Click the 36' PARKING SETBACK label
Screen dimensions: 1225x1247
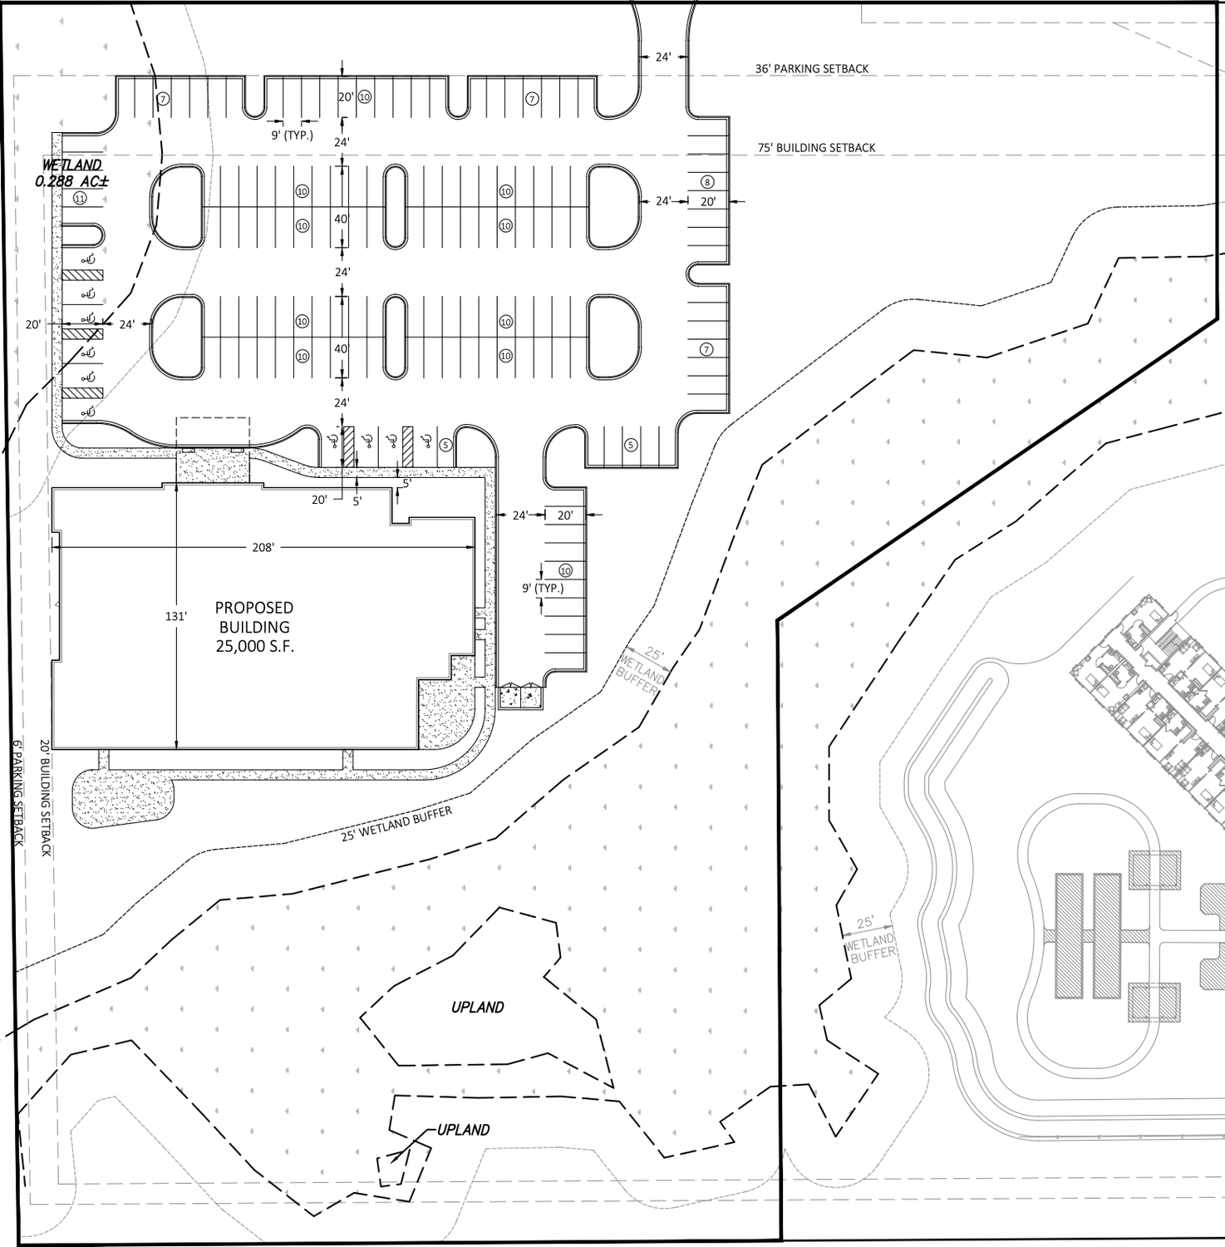coord(812,69)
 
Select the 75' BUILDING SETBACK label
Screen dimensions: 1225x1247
coord(816,148)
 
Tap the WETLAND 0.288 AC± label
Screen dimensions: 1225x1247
coord(71,173)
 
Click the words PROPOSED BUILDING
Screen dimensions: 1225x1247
coord(254,618)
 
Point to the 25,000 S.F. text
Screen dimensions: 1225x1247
coord(254,646)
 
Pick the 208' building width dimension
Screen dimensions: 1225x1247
coord(263,547)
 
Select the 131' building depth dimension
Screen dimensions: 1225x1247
coord(175,616)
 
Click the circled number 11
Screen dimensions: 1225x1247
coord(80,198)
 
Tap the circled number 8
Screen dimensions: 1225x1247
coord(707,182)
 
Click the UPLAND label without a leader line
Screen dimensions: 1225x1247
coord(478,1008)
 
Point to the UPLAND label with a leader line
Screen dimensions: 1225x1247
coord(463,1130)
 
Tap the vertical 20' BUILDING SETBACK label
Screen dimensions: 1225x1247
coord(46,799)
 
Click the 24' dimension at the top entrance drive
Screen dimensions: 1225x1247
coord(662,57)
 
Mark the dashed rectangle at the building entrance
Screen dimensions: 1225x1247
coord(213,435)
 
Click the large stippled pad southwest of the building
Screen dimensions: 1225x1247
coord(124,799)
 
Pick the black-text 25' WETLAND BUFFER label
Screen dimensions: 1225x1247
coord(396,824)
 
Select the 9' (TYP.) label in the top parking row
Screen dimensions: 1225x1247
coord(292,135)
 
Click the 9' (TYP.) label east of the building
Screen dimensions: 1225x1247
coord(543,588)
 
